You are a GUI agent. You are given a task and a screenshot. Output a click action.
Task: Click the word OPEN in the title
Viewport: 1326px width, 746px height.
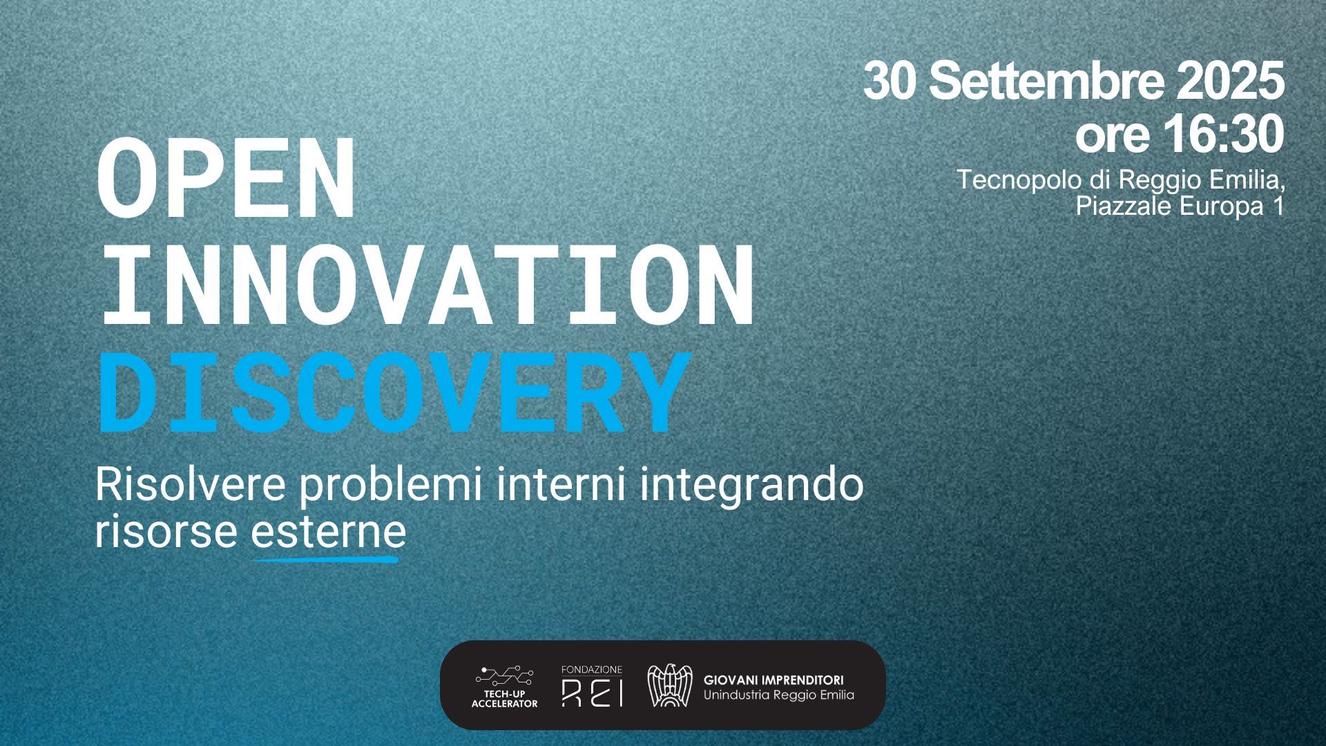coord(226,178)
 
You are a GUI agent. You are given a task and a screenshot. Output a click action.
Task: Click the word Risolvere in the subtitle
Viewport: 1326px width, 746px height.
coord(190,485)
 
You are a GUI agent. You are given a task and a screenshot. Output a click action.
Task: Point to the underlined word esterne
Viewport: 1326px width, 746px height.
coord(328,533)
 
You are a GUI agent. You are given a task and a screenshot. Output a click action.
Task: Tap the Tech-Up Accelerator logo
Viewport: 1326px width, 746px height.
coord(504,687)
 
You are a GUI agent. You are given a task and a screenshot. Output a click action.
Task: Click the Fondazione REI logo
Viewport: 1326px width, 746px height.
coord(592,686)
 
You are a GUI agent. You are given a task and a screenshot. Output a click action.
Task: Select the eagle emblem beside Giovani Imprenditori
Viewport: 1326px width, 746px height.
coord(669,685)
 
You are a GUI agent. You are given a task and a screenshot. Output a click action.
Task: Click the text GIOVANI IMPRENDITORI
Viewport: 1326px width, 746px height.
coord(773,680)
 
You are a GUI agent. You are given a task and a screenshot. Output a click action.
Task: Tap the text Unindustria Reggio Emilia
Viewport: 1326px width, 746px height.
coord(778,695)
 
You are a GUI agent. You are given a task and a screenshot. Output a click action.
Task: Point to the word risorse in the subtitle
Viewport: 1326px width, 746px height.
coord(166,533)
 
